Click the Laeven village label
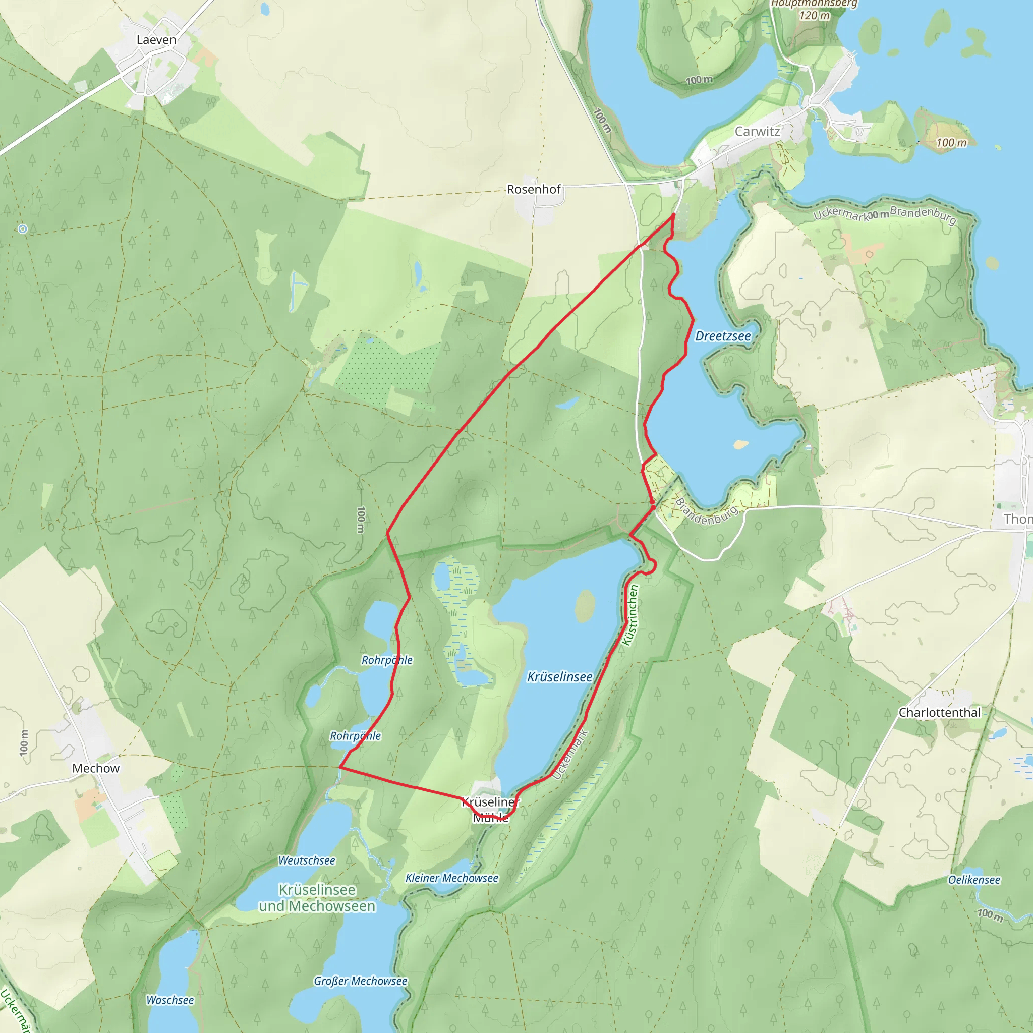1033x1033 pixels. [x=156, y=40]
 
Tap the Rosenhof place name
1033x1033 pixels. [x=534, y=189]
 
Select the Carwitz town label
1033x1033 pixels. [x=757, y=132]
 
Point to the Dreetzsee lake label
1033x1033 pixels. [x=723, y=336]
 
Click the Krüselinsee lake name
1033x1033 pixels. [x=560, y=677]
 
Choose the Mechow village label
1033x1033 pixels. [x=96, y=768]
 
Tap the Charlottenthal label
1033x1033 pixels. [x=939, y=712]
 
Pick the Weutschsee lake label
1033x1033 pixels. [x=307, y=860]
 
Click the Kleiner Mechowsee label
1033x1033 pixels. [x=452, y=878]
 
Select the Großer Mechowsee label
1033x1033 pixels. [x=360, y=981]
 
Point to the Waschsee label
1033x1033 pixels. [x=170, y=1000]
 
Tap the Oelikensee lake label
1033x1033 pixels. [x=973, y=880]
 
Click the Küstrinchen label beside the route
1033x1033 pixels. [x=631, y=615]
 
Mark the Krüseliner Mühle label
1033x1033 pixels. [x=491, y=810]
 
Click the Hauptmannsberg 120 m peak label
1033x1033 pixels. [x=814, y=10]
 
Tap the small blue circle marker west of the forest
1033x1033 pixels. [x=23, y=229]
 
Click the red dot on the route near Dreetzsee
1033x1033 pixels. [x=652, y=502]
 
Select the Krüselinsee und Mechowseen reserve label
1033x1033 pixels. [x=317, y=898]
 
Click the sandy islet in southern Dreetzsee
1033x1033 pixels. [x=741, y=444]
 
